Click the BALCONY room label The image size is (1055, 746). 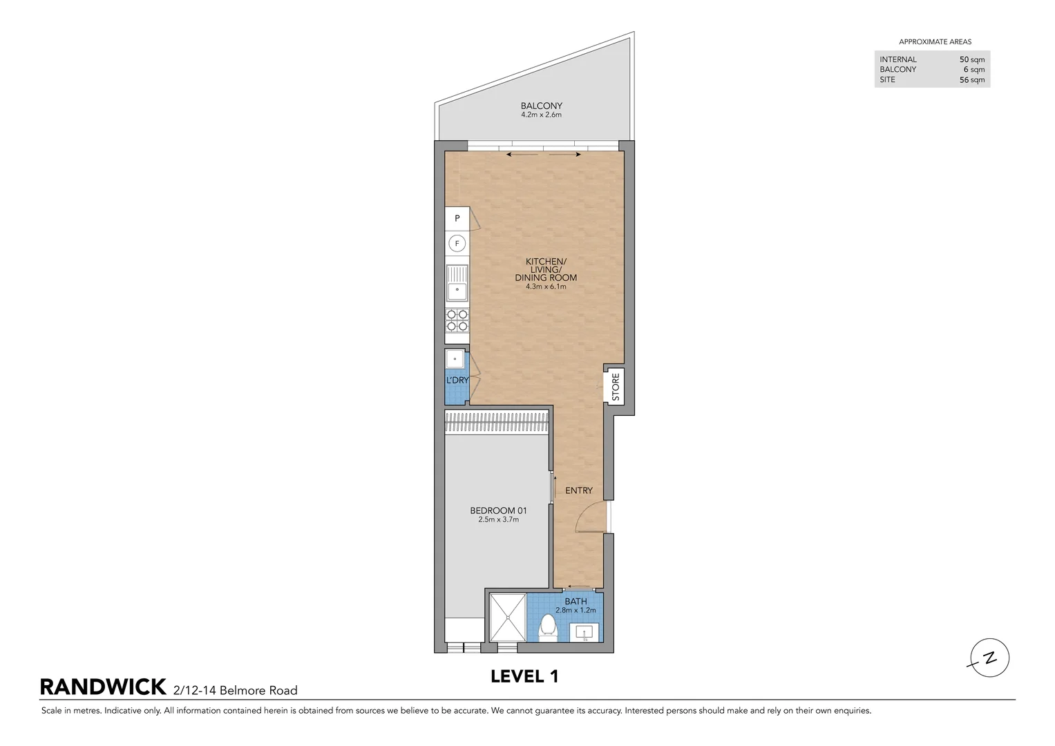click(541, 106)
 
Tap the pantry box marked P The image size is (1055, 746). click(457, 218)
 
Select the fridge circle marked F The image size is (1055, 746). click(457, 243)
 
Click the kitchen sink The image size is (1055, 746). click(457, 283)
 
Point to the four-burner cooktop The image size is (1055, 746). click(457, 321)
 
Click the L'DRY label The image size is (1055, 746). click(457, 380)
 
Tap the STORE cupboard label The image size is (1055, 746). click(616, 387)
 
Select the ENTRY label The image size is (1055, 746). click(579, 490)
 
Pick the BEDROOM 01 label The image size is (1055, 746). click(498, 510)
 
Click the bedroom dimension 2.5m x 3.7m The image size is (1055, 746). click(498, 519)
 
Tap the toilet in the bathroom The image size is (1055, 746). click(548, 629)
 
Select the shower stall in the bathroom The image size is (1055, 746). click(508, 618)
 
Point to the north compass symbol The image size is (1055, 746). click(989, 658)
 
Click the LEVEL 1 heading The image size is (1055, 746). click(524, 677)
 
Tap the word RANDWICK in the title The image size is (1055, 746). click(103, 687)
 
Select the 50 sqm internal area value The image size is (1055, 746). click(972, 60)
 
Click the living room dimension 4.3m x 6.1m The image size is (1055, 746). click(546, 287)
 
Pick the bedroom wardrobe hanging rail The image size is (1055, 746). click(497, 422)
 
